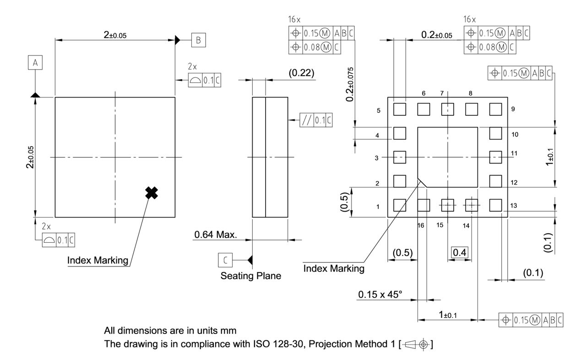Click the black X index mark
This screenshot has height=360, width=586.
click(x=151, y=193)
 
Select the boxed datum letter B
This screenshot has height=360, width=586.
click(x=198, y=40)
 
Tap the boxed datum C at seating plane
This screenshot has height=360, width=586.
click(x=225, y=260)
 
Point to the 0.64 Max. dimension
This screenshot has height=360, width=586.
click(x=215, y=235)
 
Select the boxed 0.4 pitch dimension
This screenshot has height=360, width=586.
click(x=459, y=252)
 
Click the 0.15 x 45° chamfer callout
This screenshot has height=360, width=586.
click(x=380, y=293)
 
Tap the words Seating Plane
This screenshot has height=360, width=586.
click(x=251, y=276)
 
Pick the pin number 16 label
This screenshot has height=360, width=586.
click(x=421, y=225)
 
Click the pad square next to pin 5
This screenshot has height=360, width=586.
click(x=400, y=109)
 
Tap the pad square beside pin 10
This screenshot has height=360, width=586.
click(x=495, y=133)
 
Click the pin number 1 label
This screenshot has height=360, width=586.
click(x=378, y=207)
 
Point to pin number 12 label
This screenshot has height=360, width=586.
click(x=514, y=182)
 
